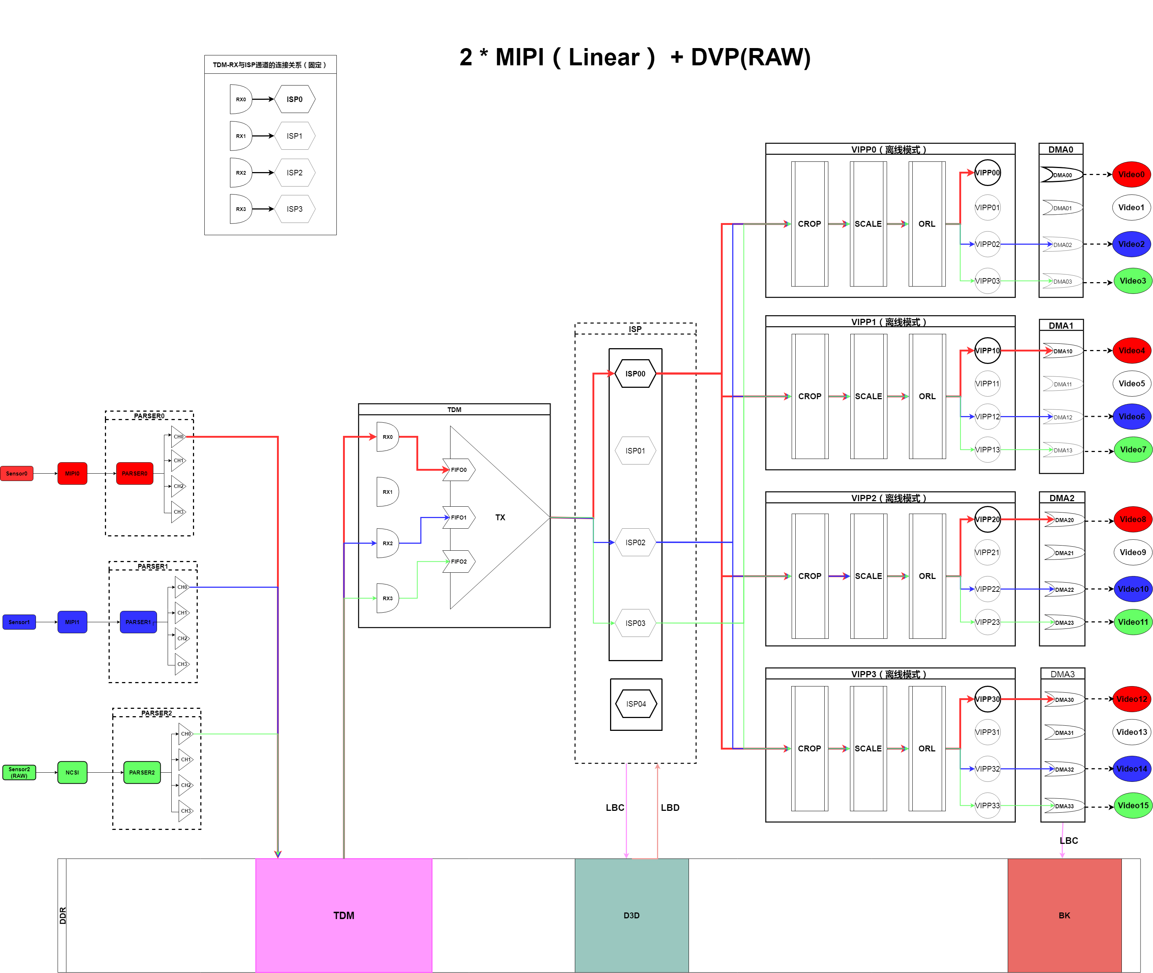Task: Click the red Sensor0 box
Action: pos(17,473)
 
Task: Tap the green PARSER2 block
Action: pos(142,772)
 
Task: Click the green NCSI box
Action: pos(72,772)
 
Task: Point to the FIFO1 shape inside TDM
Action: pos(459,517)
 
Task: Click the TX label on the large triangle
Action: pos(500,517)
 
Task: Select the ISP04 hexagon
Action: pos(636,704)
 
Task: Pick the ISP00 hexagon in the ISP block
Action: pos(635,373)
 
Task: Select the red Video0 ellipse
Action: pos(1131,174)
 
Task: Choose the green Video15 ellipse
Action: pos(1132,805)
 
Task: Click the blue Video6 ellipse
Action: pos(1131,416)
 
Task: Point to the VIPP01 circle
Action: pos(987,207)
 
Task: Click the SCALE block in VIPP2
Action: pos(868,576)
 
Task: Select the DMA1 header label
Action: pos(1061,325)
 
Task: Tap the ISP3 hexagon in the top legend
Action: pos(295,209)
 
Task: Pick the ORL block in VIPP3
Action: pos(927,748)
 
